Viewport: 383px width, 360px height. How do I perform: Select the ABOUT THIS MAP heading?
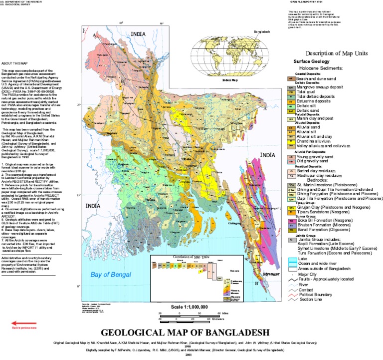tap(14, 64)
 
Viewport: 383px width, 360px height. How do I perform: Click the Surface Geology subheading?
tap(311, 61)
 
